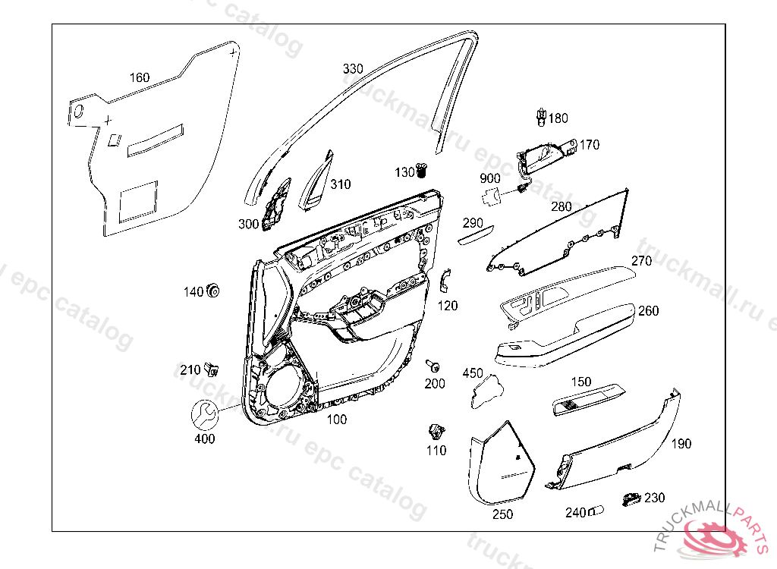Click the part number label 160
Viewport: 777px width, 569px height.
[140, 77]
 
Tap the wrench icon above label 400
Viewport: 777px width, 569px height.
[203, 414]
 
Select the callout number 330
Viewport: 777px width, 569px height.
[353, 68]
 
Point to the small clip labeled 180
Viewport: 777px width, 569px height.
[540, 116]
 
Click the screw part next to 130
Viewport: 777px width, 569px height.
[423, 172]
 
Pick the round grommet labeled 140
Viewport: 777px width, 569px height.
[213, 290]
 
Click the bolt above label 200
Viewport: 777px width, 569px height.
[433, 364]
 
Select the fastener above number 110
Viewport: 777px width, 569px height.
[436, 432]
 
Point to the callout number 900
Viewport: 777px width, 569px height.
[490, 178]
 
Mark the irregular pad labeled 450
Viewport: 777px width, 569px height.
[486, 390]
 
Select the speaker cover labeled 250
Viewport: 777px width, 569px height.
[501, 466]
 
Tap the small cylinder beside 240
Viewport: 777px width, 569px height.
[595, 512]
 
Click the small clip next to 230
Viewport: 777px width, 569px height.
[631, 498]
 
